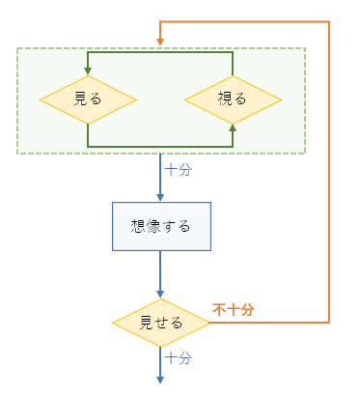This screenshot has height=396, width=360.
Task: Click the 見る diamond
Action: tap(88, 99)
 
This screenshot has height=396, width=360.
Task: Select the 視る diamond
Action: tap(233, 99)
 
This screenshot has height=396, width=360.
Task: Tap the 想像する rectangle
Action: tap(160, 226)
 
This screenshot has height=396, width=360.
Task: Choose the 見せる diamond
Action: tap(160, 323)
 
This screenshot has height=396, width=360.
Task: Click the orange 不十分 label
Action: tap(234, 309)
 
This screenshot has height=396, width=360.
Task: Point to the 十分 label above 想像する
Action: tap(178, 169)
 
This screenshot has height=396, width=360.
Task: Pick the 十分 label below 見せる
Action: tap(178, 357)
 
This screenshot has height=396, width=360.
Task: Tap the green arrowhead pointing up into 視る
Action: tap(233, 127)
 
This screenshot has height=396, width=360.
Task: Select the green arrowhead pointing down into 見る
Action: tap(88, 69)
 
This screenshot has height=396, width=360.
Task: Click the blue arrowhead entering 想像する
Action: tap(160, 196)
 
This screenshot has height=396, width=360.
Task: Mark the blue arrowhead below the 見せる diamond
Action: tap(160, 378)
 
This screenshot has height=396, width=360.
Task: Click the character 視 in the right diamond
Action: tap(226, 99)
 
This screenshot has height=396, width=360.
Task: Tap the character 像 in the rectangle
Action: tap(152, 226)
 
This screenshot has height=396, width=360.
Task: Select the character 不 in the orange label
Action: tap(219, 309)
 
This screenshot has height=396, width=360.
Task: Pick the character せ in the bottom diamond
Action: tap(161, 323)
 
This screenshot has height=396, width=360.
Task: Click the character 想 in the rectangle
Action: tap(138, 226)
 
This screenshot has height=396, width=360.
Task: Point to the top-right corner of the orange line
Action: tap(330, 21)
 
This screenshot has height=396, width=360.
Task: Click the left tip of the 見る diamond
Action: tap(41, 99)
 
